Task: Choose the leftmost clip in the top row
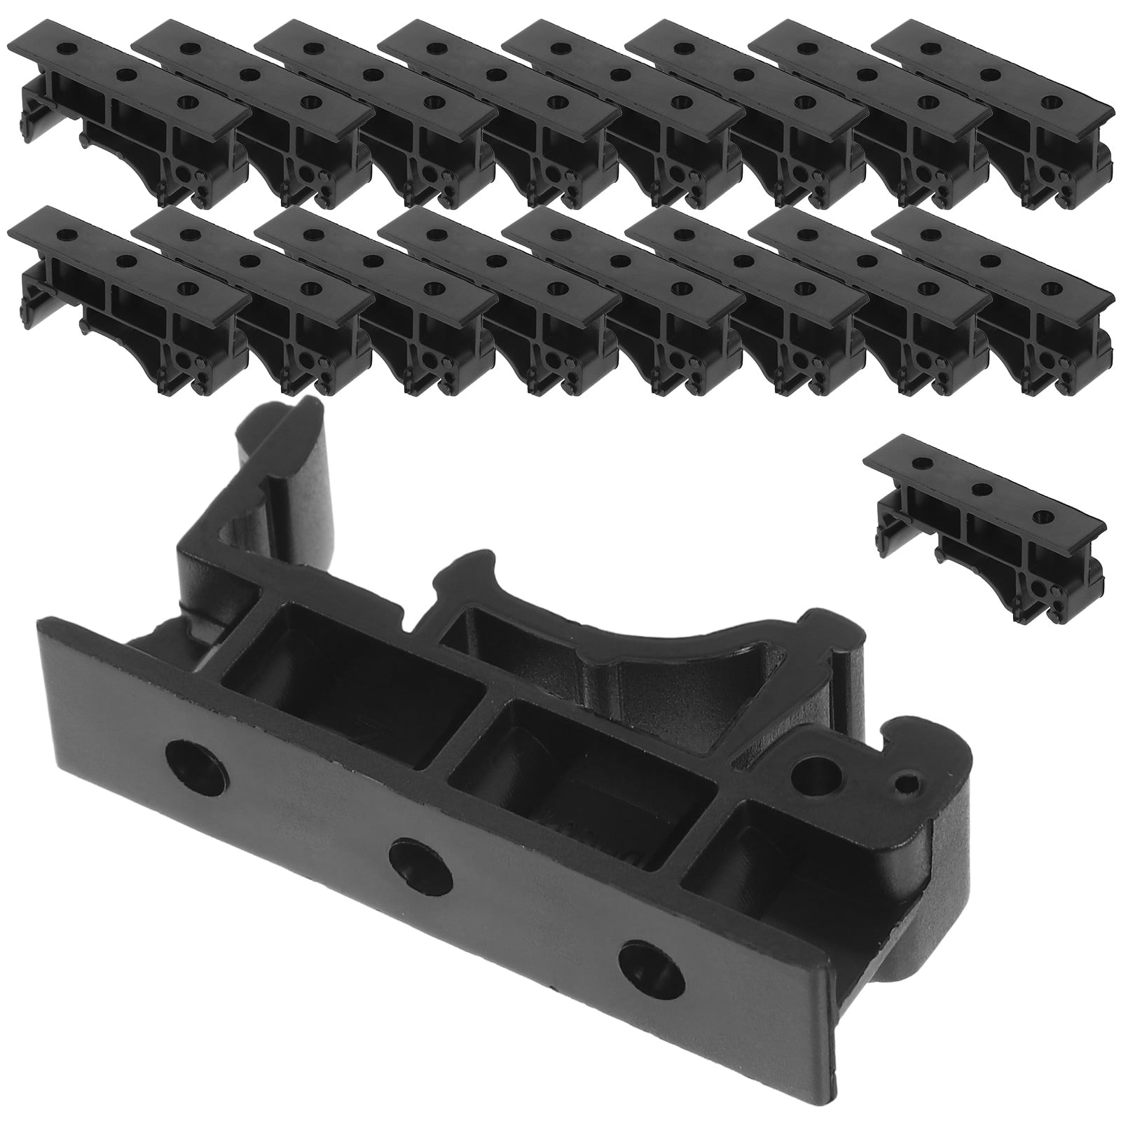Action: click(x=130, y=112)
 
